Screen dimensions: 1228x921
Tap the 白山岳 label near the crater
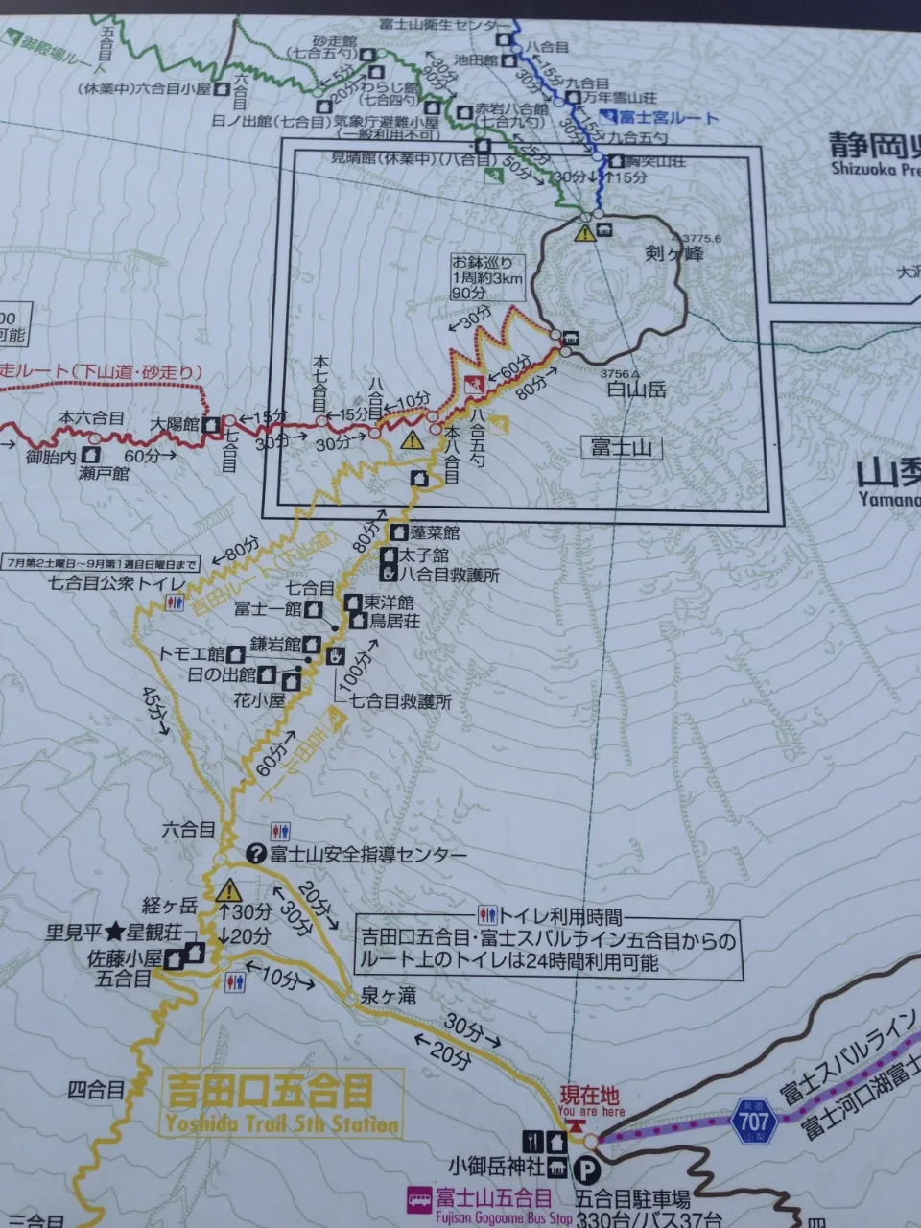click(636, 390)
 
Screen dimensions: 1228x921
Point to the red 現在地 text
click(589, 1094)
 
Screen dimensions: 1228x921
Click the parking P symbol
click(585, 1168)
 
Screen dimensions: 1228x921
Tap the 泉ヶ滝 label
click(389, 997)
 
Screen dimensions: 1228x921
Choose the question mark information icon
click(256, 853)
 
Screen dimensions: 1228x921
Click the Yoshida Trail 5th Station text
click(281, 1123)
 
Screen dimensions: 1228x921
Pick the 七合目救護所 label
click(399, 701)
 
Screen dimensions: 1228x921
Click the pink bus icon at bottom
click(418, 1198)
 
